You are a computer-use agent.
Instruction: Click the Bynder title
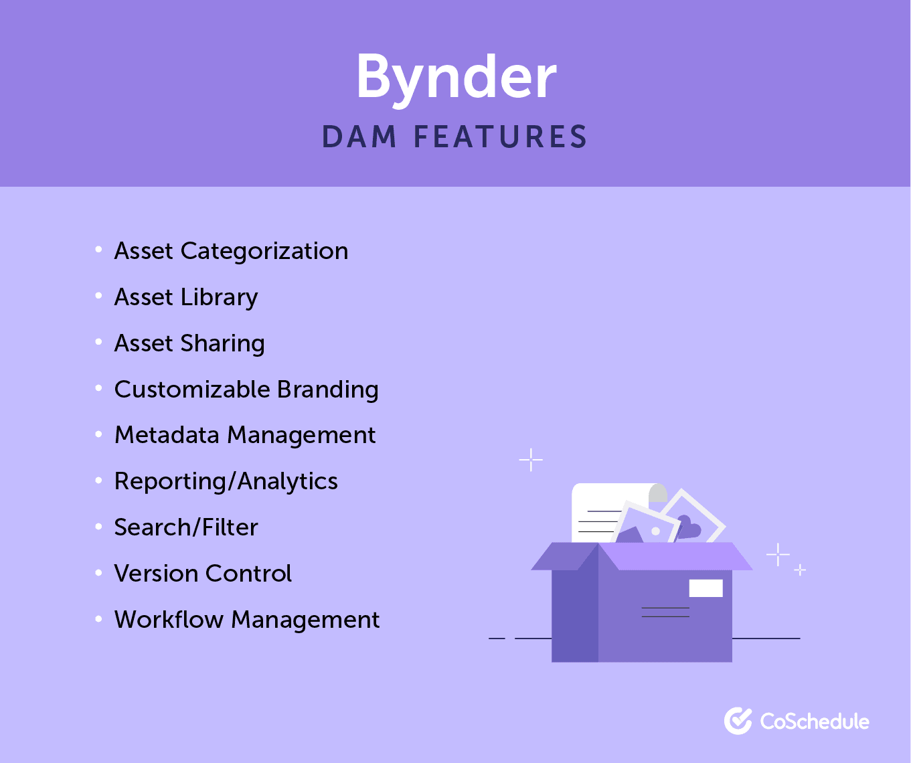click(x=456, y=77)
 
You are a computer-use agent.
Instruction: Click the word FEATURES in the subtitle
click(x=500, y=137)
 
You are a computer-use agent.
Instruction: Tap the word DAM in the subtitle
click(x=359, y=137)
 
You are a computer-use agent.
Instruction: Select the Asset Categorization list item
click(x=231, y=251)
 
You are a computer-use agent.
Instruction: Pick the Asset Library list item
click(x=186, y=297)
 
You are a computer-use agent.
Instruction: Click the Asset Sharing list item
click(x=189, y=343)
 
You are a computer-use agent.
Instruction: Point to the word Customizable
click(x=192, y=390)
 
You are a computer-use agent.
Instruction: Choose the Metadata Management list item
click(x=245, y=435)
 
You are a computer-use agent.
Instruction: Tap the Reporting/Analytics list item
click(x=226, y=481)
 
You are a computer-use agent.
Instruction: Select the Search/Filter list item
click(x=186, y=527)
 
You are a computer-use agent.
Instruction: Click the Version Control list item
click(x=203, y=574)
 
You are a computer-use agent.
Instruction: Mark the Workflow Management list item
click(x=247, y=620)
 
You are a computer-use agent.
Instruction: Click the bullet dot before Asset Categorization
click(x=98, y=250)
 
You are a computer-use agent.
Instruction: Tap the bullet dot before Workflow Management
click(x=98, y=619)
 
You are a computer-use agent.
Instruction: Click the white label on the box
click(x=706, y=588)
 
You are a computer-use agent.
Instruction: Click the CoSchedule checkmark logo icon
click(x=738, y=721)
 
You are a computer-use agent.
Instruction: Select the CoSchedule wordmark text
click(x=815, y=722)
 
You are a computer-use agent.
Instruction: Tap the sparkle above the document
click(x=531, y=460)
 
